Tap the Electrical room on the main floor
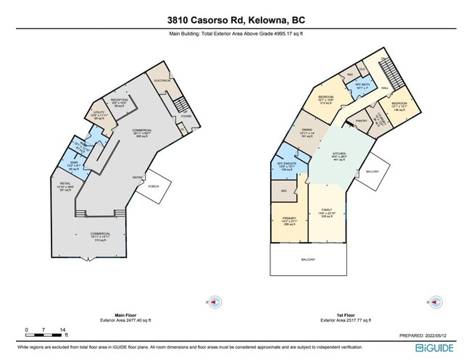(162, 81)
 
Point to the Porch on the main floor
(153, 186)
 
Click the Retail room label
(65, 185)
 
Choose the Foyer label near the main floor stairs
(186, 114)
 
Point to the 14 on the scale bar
(64, 330)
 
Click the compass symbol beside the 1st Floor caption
(434, 300)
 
